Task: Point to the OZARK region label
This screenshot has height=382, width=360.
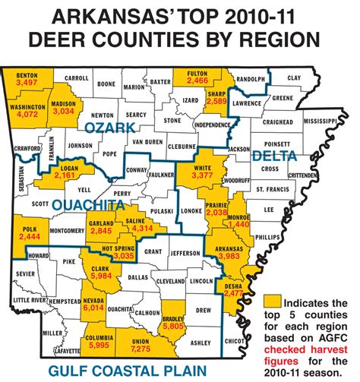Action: tap(108, 129)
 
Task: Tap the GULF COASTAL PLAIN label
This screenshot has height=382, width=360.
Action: tap(128, 371)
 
